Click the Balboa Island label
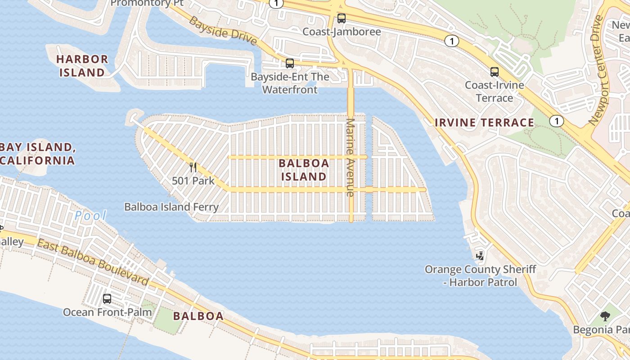coord(303,170)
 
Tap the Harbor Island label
coord(82,66)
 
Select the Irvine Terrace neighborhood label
coord(484,122)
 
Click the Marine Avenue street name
coord(351,157)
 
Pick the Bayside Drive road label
coord(222,31)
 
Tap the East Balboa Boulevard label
coord(92,262)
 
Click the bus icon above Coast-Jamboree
coord(342,18)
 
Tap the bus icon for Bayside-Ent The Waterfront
coord(290,63)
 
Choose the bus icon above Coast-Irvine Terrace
coord(495,72)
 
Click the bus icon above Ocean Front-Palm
coord(107,299)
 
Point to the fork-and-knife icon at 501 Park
coord(193,167)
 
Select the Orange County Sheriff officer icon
coord(481,256)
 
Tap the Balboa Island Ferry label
coord(171,207)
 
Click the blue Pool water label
coord(90,216)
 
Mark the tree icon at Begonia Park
coord(605,316)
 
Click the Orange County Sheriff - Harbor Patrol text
coord(480,276)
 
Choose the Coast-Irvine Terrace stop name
coord(494,91)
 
